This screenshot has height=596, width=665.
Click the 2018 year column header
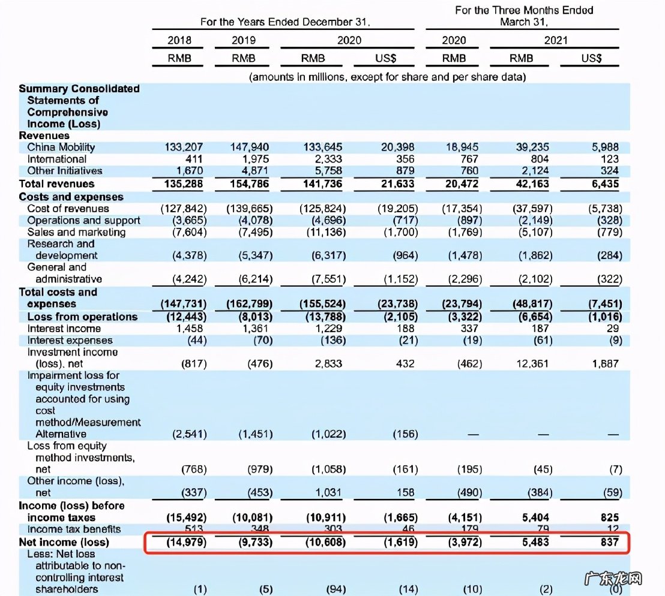point(179,40)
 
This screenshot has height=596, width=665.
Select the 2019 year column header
point(243,40)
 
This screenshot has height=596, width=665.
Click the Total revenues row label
point(56,183)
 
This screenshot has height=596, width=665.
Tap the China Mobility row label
point(61,147)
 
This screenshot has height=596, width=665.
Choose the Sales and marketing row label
point(76,232)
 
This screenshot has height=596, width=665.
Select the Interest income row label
point(64,329)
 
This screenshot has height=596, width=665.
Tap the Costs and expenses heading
point(71,197)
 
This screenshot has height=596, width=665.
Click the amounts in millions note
point(387,77)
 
